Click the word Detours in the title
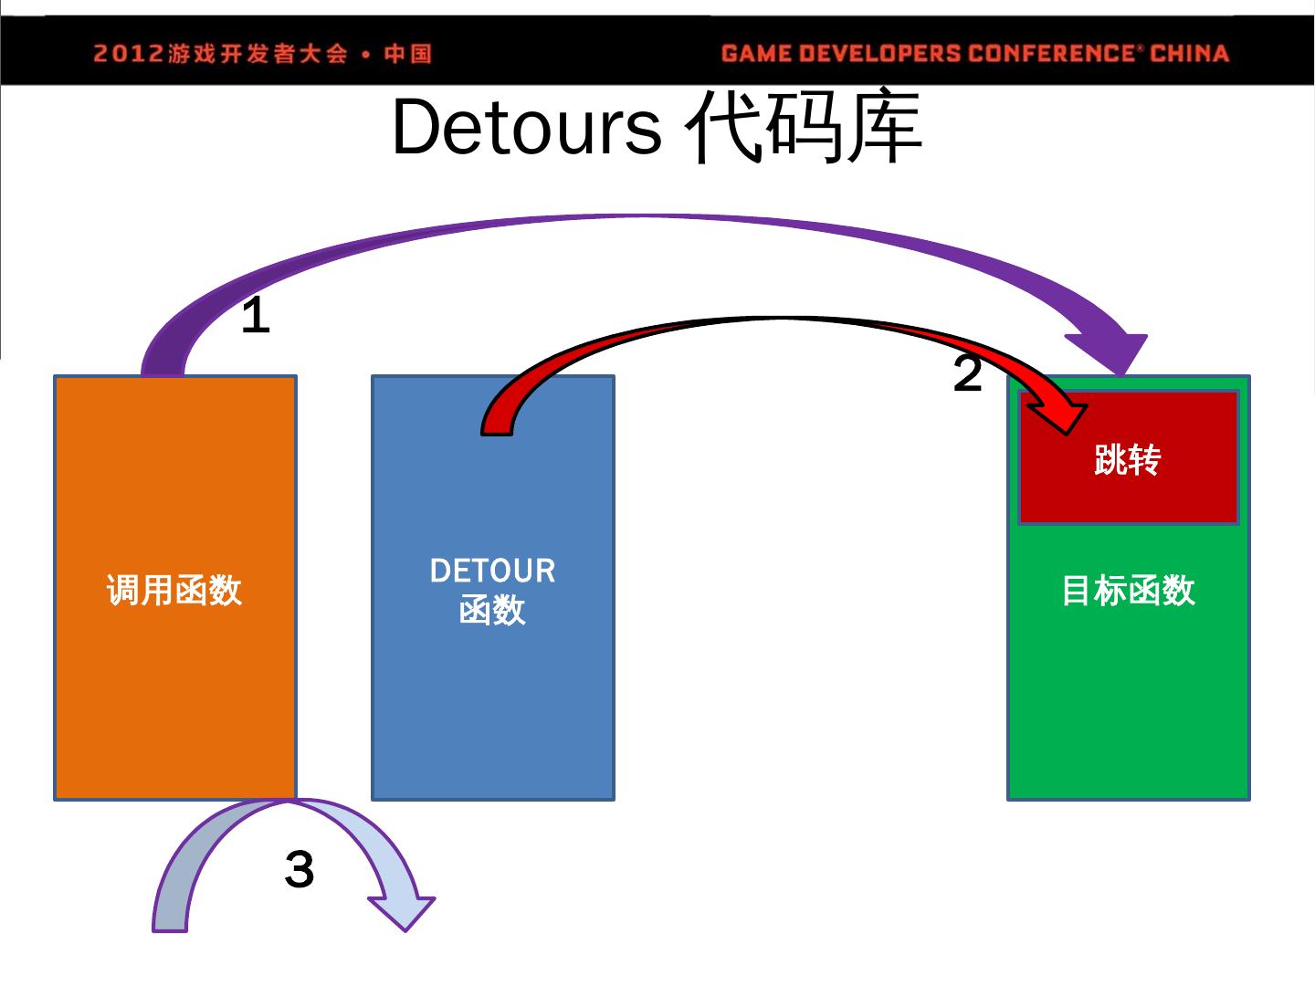click(526, 128)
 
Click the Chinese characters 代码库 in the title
click(804, 128)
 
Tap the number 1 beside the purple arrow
click(256, 317)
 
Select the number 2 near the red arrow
click(967, 373)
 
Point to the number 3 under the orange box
click(300, 869)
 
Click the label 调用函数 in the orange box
click(174, 590)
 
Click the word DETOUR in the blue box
click(492, 572)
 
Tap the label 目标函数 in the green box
click(1128, 590)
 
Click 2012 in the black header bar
click(128, 54)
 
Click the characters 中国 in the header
click(407, 54)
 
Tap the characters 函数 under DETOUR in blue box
click(492, 610)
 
